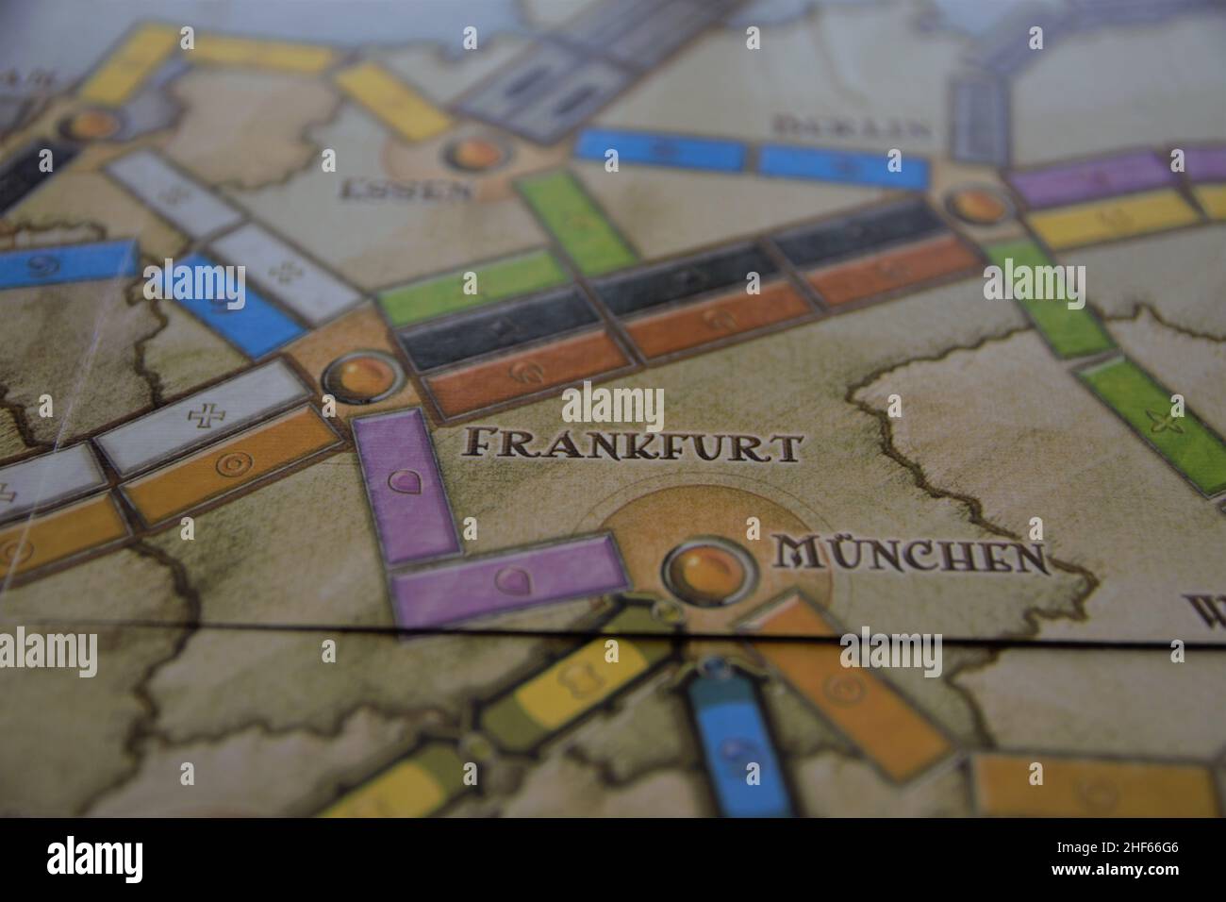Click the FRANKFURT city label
[635, 444]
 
